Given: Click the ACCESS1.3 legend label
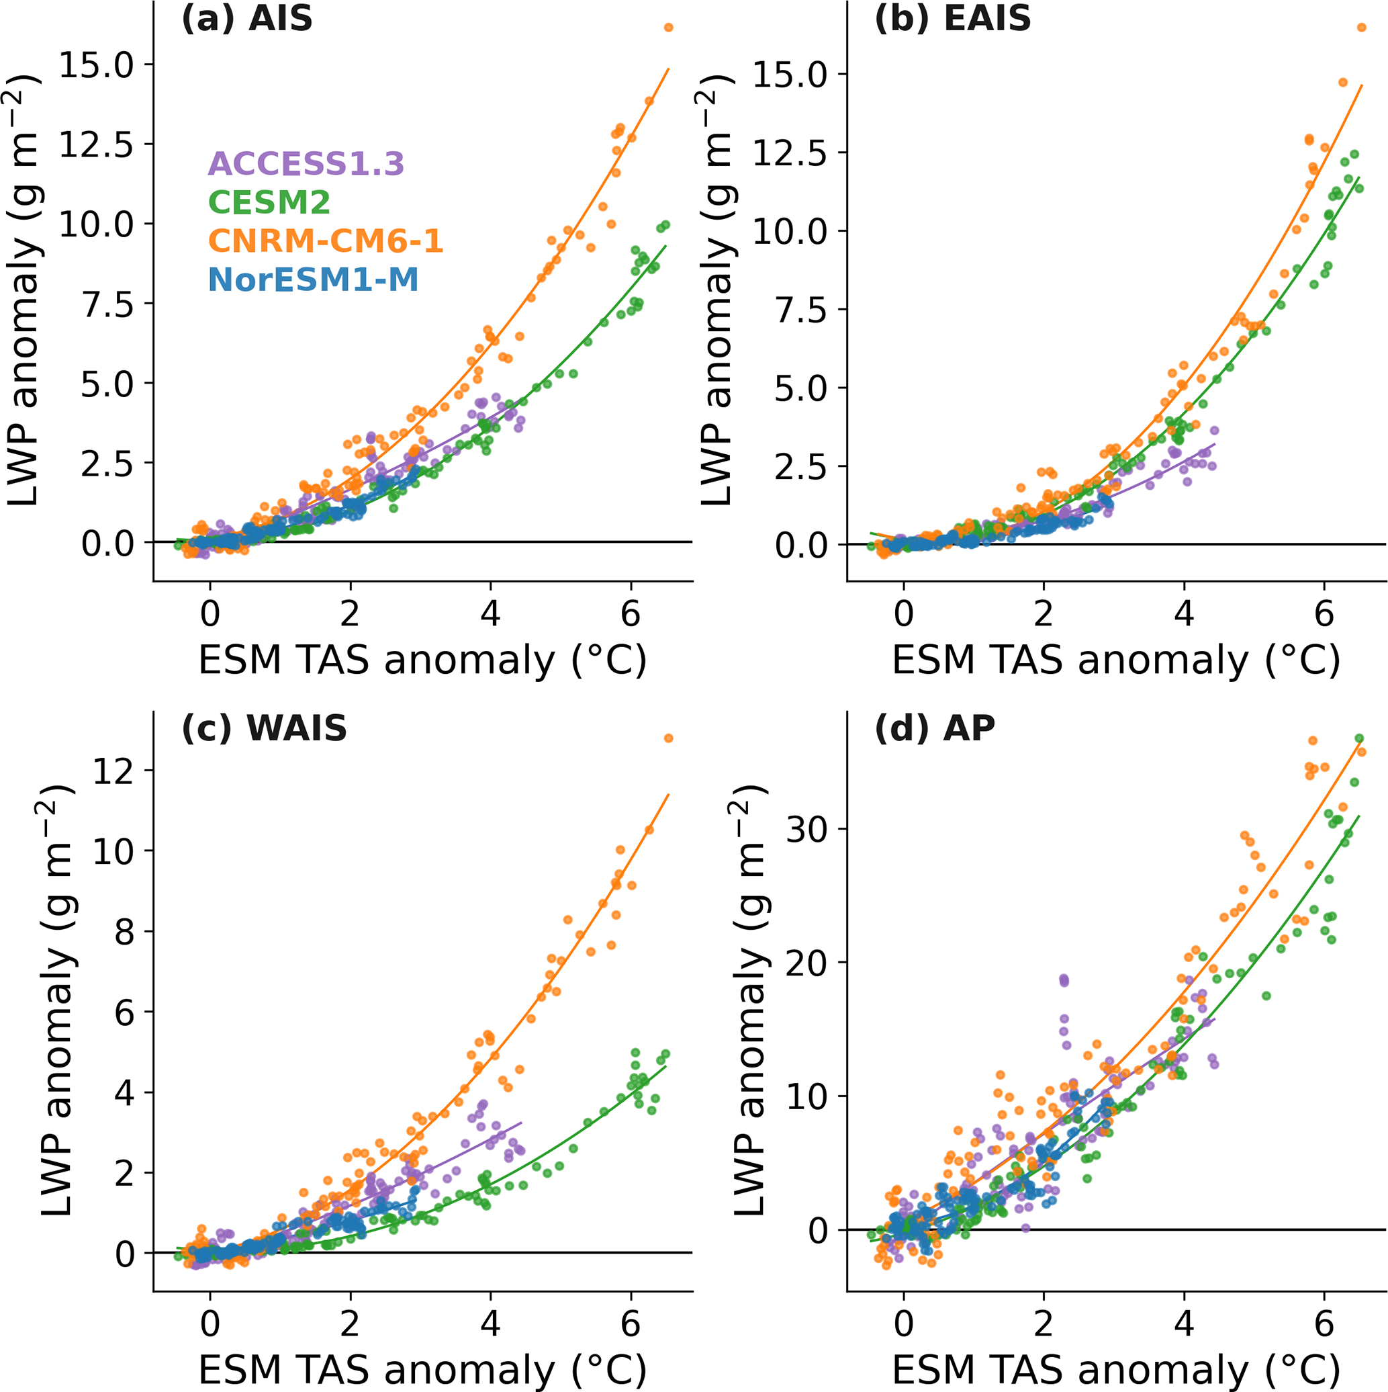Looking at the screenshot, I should (306, 165).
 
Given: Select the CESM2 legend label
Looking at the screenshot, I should (269, 202).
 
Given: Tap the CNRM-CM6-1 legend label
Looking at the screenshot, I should (326, 241).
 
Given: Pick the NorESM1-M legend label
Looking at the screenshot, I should (314, 279).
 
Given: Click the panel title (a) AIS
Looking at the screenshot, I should (247, 19).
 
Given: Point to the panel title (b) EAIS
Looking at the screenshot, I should (952, 19).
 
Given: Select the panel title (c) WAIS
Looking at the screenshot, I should (265, 728).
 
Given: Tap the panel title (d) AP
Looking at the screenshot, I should (935, 728).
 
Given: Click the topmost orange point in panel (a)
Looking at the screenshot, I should (668, 28).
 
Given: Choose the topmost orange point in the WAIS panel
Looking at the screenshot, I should (668, 738).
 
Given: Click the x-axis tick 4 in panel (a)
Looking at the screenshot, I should (490, 615).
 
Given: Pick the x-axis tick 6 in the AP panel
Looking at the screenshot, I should (1324, 1324).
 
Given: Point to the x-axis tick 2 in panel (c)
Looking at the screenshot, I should (350, 1324).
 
